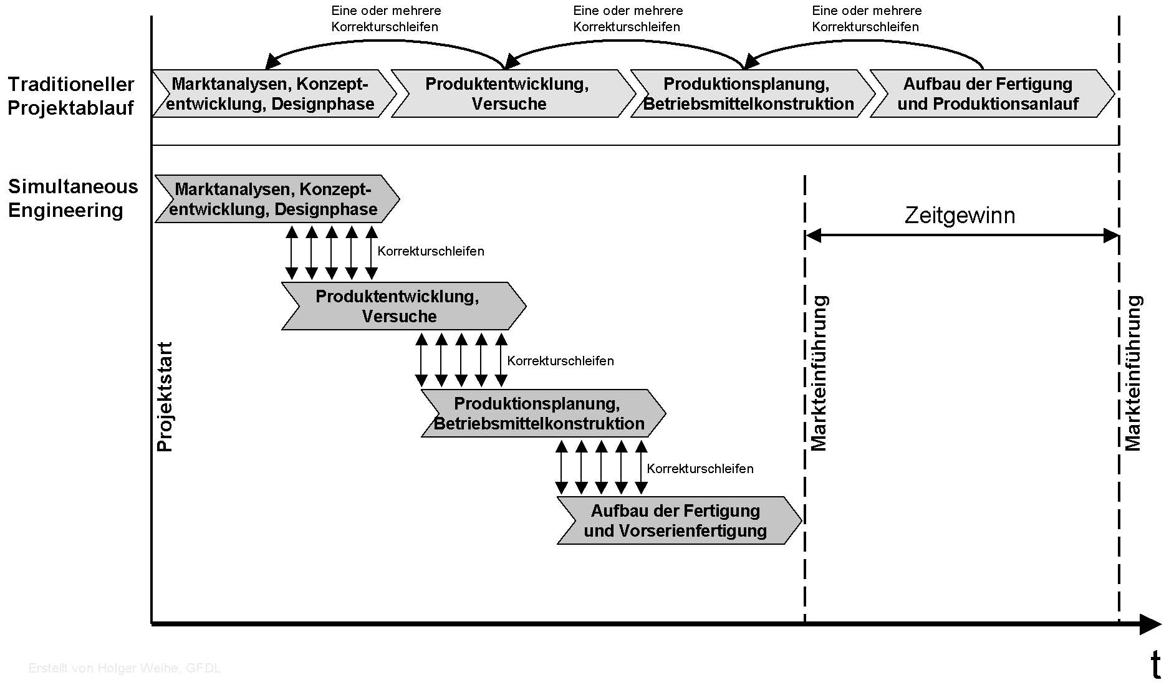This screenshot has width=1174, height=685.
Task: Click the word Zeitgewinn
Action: point(960,216)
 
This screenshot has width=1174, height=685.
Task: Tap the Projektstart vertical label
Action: point(165,397)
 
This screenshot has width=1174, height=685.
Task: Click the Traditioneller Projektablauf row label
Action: point(70,95)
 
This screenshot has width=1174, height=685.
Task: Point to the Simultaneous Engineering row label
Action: point(73,198)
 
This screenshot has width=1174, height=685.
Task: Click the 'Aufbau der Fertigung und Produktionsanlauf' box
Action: point(992,93)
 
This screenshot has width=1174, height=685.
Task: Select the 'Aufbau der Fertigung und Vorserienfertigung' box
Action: point(679,520)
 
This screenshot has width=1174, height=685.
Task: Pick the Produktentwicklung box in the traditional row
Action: point(513,93)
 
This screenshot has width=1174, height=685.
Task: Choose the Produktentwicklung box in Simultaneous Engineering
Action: point(403,306)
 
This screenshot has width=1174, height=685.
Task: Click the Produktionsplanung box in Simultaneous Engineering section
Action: point(543,413)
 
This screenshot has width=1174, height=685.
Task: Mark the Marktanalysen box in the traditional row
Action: point(274,93)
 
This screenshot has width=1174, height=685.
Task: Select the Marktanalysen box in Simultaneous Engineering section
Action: point(277,199)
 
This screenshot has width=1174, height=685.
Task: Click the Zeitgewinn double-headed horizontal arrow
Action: point(962,236)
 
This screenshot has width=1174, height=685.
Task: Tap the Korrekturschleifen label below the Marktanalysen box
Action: point(431,251)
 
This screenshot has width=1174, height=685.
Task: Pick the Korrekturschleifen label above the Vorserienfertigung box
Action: point(700,469)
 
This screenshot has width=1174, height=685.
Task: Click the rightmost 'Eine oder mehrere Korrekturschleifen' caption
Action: point(867,19)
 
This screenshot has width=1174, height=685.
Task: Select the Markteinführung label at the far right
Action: point(1133,373)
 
